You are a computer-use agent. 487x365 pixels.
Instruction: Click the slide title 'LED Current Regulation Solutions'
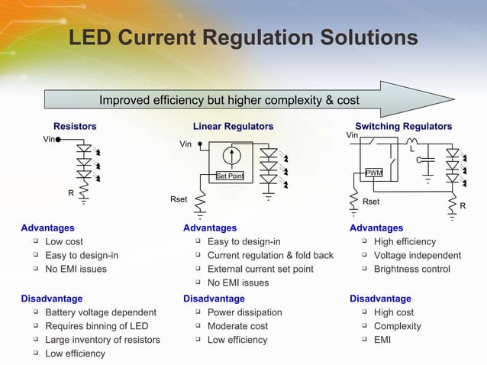tap(243, 38)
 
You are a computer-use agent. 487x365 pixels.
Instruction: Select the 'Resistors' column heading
tap(75, 126)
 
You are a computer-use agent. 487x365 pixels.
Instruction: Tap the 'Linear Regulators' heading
tap(233, 126)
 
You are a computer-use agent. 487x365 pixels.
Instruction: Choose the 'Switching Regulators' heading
tap(403, 126)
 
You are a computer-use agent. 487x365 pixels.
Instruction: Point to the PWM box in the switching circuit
tap(374, 173)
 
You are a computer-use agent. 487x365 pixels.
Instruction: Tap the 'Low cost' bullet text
tap(64, 241)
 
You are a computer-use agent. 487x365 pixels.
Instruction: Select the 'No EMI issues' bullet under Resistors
tap(76, 269)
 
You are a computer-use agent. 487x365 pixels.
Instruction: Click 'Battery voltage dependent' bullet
tap(101, 312)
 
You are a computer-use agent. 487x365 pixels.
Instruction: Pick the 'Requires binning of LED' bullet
tap(97, 326)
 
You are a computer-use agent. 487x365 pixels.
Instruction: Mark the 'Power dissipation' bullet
tap(244, 312)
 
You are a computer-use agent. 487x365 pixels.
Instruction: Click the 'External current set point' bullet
tap(260, 269)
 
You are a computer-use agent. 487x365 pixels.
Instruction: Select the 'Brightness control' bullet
tap(412, 269)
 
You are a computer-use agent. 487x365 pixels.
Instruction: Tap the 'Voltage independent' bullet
tap(418, 255)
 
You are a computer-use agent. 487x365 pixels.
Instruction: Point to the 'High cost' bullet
tap(394, 312)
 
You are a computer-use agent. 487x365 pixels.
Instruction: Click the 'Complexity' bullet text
tap(397, 326)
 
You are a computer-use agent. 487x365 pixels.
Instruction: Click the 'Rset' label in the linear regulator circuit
tap(178, 199)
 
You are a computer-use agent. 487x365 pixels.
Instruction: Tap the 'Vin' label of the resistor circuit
tap(49, 140)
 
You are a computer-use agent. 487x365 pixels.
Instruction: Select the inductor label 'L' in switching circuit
tap(412, 150)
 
